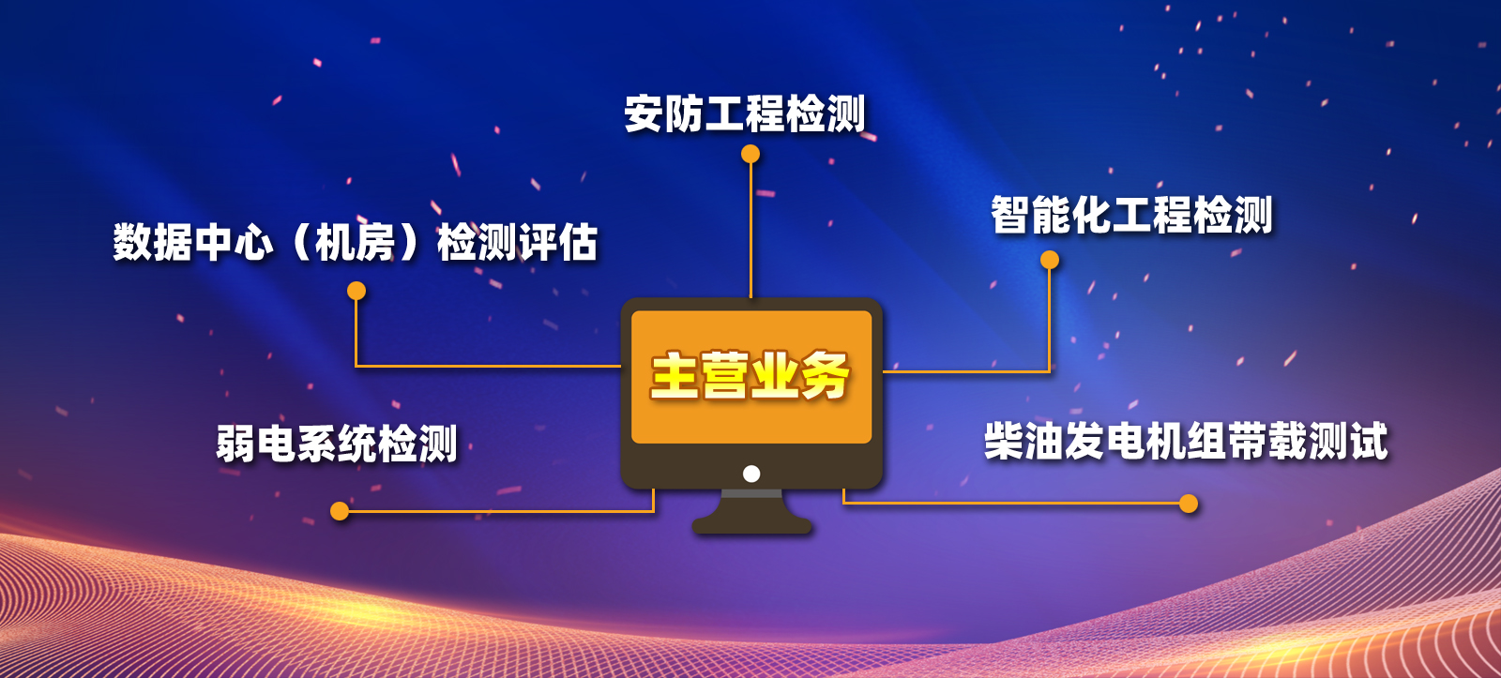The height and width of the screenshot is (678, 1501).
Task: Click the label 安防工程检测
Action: [745, 113]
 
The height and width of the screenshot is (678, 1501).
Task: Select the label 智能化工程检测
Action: [1131, 215]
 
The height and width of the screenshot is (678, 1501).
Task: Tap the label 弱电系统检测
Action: [337, 443]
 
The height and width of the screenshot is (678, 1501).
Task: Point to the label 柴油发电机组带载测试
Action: [1186, 442]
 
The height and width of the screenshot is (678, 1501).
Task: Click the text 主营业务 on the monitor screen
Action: [750, 376]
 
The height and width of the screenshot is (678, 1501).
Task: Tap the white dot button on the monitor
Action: [751, 474]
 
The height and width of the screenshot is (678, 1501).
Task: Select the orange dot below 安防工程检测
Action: [750, 154]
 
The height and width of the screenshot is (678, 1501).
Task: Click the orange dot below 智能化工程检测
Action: [1050, 260]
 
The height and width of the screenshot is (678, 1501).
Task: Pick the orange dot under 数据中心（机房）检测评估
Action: [356, 291]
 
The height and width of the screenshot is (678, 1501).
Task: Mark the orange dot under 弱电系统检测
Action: [340, 511]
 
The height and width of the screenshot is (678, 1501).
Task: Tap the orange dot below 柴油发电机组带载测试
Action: [1188, 504]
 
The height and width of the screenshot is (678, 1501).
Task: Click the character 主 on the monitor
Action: [675, 376]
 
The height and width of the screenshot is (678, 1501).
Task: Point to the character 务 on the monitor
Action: [826, 376]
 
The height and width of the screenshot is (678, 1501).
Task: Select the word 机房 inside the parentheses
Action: [356, 242]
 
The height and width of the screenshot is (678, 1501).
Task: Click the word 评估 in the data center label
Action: [557, 242]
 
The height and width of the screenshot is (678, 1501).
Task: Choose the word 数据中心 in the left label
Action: [193, 242]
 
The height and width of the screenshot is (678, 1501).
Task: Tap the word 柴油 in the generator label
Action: [1023, 442]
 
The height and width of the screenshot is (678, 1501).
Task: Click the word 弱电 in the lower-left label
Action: [257, 443]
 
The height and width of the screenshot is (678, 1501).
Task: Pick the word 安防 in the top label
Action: [664, 113]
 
